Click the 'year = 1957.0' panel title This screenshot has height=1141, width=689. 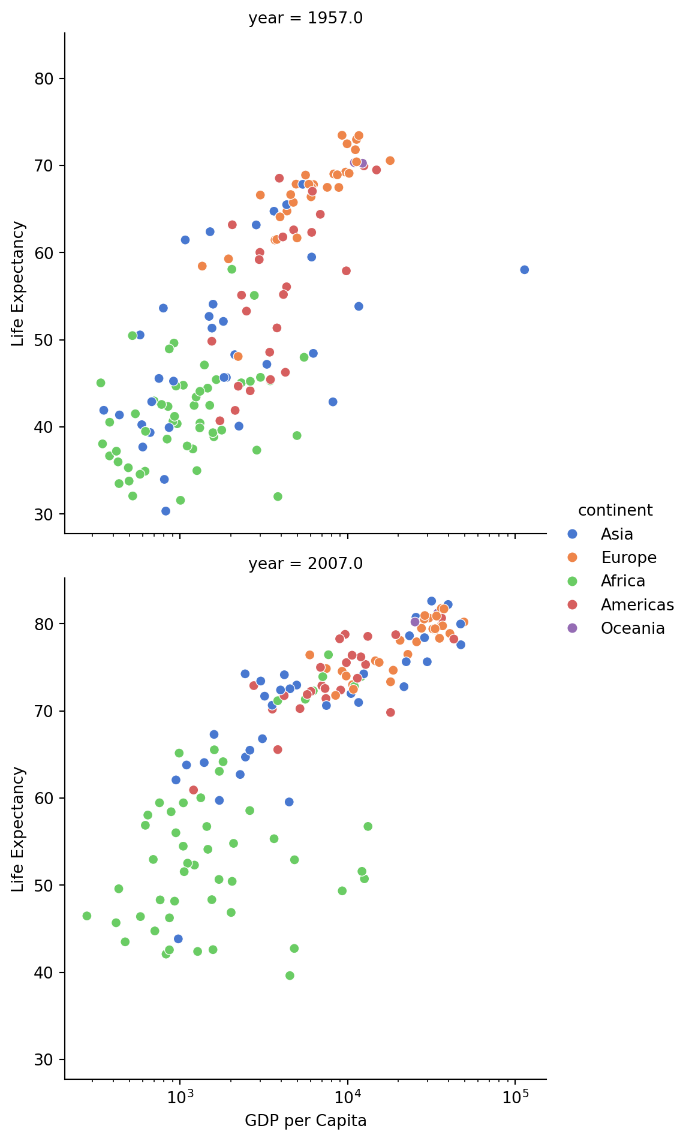(x=305, y=19)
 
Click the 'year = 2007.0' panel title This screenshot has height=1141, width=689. (x=305, y=564)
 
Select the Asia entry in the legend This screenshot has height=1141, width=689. (x=616, y=534)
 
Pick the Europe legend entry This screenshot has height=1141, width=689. (x=628, y=558)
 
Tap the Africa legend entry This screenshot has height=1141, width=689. (x=622, y=582)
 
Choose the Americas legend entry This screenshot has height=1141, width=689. (x=637, y=605)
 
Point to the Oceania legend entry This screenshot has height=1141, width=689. (x=632, y=628)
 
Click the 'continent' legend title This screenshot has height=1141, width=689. (x=615, y=510)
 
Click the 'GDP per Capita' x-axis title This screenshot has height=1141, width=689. (x=305, y=1121)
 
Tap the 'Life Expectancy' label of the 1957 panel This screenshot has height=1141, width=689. (x=18, y=284)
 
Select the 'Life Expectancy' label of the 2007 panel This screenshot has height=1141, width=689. (x=18, y=829)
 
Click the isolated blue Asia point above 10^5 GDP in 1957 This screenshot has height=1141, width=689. (x=524, y=270)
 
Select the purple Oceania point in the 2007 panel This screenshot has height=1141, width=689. (x=415, y=622)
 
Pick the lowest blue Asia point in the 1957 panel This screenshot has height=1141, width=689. (x=166, y=511)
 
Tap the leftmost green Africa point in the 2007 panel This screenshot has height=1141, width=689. (x=87, y=916)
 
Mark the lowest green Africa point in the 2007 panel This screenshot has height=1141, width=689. (x=290, y=976)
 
